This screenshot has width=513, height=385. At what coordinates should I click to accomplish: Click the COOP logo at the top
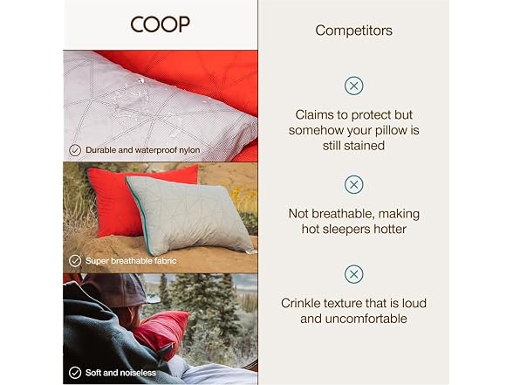pyautogui.click(x=160, y=24)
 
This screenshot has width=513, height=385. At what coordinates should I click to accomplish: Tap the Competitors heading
pyautogui.click(x=353, y=31)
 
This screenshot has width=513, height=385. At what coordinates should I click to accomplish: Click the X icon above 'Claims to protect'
pyautogui.click(x=353, y=86)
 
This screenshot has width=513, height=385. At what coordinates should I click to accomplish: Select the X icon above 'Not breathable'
pyautogui.click(x=353, y=185)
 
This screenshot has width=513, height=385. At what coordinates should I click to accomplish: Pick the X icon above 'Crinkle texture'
pyautogui.click(x=353, y=274)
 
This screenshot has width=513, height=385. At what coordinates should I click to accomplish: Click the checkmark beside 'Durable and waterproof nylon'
pyautogui.click(x=75, y=150)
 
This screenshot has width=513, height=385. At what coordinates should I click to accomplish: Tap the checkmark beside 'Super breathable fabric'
pyautogui.click(x=75, y=261)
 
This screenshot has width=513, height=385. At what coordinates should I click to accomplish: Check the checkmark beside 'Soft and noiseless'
pyautogui.click(x=75, y=373)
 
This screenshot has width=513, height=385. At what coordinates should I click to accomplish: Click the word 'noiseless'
pyautogui.click(x=138, y=373)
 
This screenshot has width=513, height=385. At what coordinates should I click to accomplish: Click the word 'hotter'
pyautogui.click(x=390, y=229)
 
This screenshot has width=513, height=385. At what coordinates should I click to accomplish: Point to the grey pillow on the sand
pyautogui.click(x=190, y=215)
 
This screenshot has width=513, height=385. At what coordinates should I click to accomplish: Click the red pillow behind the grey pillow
pyautogui.click(x=131, y=200)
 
